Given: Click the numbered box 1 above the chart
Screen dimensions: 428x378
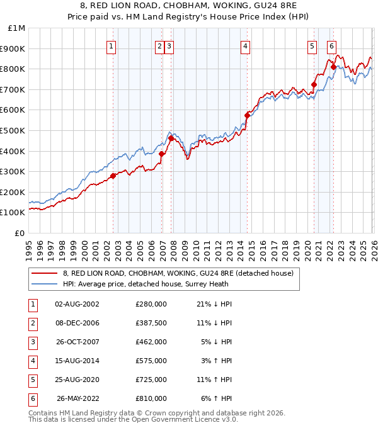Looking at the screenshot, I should [112, 45].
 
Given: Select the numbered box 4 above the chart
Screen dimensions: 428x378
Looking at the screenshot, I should [245, 45].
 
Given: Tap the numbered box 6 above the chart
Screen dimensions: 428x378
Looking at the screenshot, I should [331, 45].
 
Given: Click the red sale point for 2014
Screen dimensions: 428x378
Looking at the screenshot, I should [247, 115].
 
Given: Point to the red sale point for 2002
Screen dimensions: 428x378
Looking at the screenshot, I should [113, 176].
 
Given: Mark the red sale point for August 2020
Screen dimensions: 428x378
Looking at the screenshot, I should [314, 84].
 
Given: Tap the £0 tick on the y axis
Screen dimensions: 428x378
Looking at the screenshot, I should [20, 233].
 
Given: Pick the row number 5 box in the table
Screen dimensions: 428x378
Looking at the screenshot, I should [32, 380].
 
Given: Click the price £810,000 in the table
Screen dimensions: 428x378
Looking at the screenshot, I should [151, 398].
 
